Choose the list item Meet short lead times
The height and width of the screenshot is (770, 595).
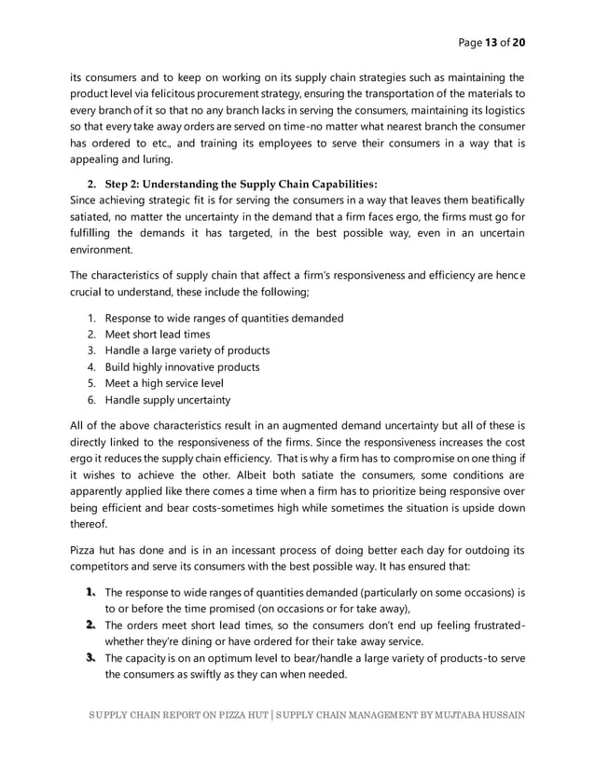(x=157, y=334)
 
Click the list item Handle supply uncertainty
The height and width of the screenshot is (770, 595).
(x=167, y=401)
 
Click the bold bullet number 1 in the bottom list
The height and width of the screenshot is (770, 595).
(x=91, y=592)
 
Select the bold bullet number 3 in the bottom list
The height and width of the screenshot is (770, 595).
(x=91, y=659)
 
